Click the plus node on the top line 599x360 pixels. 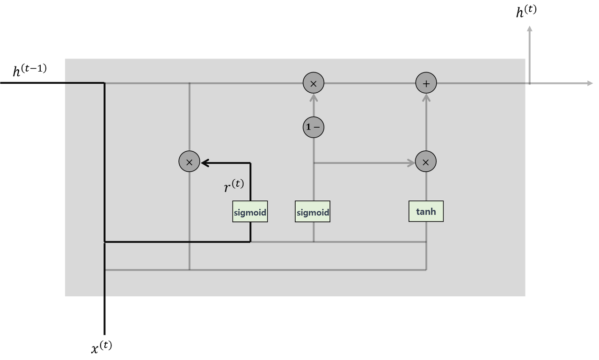point(426,83)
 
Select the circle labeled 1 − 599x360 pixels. point(314,127)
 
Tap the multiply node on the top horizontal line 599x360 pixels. point(314,83)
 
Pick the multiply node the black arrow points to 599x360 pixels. point(190,162)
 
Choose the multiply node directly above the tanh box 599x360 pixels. point(426,162)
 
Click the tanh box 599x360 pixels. point(426,212)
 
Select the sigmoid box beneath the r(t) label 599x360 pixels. point(250,212)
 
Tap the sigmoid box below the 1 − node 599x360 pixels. point(313,212)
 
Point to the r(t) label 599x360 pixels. point(234,186)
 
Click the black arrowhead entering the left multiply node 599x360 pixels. point(205,163)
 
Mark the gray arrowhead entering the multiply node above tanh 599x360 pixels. point(411,163)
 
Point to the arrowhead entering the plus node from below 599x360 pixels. point(426,98)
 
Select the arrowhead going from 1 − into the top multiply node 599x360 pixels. point(314,98)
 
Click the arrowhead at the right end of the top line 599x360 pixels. point(590,83)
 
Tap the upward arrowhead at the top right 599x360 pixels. point(529,29)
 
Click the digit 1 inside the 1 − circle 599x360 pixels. point(308,127)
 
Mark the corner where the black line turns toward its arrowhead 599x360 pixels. point(250,163)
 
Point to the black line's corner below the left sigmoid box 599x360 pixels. point(250,242)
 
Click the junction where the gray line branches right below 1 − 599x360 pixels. point(314,163)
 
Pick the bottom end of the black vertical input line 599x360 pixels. point(104,334)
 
